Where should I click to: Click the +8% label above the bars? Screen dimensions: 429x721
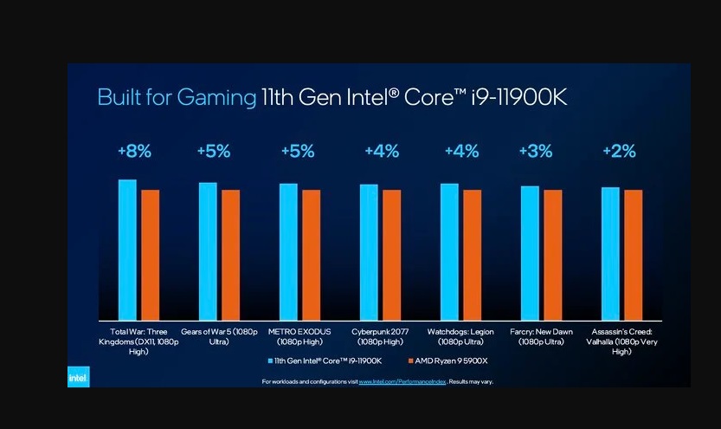[134, 152]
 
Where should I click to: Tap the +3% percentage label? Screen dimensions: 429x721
[535, 152]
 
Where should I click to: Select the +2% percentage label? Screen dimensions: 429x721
[620, 152]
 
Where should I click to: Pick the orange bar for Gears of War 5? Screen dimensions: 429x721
[230, 254]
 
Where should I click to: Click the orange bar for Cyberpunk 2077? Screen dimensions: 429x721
[391, 254]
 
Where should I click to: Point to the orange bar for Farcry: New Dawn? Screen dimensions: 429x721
[552, 254]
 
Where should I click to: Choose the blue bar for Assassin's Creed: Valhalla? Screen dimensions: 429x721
[610, 252]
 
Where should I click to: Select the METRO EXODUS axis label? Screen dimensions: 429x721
[299, 336]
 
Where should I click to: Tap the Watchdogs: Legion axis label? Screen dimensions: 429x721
[461, 336]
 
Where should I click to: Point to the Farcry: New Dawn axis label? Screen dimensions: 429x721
[541, 336]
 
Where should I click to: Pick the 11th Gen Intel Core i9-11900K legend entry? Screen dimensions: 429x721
[325, 360]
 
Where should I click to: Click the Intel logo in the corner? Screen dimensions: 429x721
[79, 378]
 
